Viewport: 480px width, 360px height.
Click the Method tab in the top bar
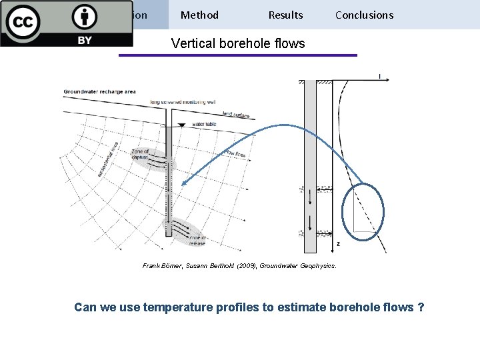coord(199,15)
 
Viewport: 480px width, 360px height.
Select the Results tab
coord(285,15)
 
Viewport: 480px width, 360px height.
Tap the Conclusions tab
coord(364,15)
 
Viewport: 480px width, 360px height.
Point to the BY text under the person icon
coord(84,40)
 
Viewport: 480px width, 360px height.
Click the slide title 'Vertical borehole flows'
coord(238,44)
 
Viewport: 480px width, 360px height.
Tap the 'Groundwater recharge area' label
coord(99,91)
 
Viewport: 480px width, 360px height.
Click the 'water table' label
coord(204,124)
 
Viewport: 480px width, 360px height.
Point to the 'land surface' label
coord(235,114)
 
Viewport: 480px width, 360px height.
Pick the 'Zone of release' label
coord(198,241)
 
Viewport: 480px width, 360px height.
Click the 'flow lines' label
coord(235,155)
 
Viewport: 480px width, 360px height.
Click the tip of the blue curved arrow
coord(183,184)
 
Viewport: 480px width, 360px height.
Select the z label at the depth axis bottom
coord(338,244)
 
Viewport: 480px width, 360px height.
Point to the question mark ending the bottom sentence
coord(420,307)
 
